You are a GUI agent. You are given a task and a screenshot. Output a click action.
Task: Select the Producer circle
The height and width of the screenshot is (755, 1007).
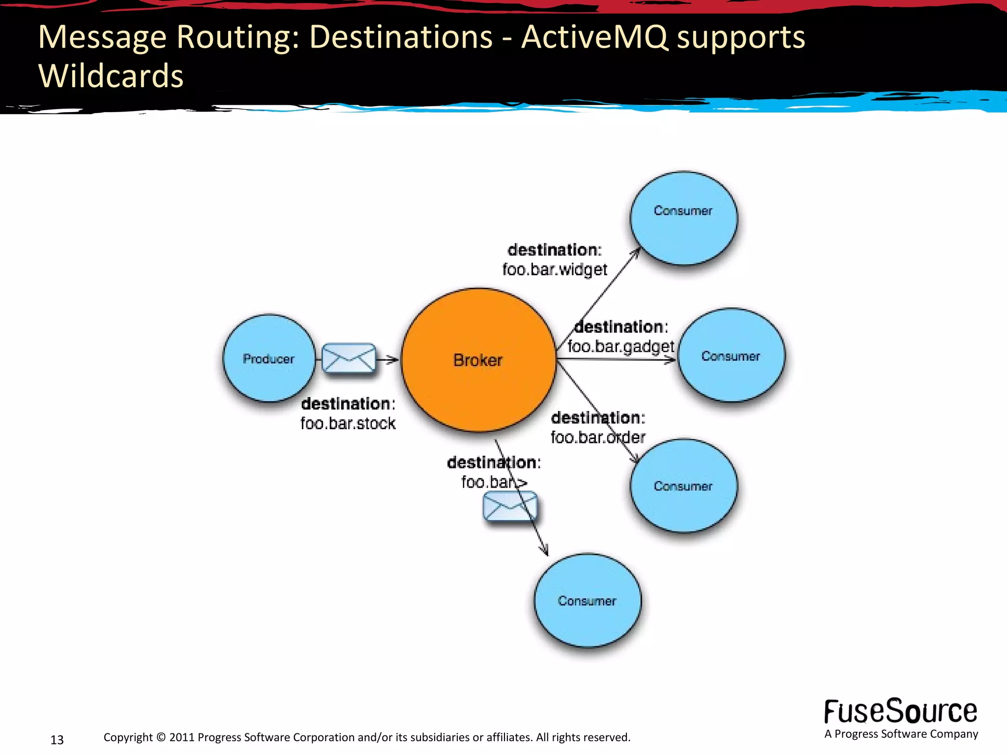click(268, 358)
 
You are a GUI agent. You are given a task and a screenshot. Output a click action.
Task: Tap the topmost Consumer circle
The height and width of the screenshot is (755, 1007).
click(683, 218)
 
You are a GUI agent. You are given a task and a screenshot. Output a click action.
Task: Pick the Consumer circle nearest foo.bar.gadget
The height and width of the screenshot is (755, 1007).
click(731, 355)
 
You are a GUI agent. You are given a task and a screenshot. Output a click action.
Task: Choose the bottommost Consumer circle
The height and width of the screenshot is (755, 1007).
click(587, 601)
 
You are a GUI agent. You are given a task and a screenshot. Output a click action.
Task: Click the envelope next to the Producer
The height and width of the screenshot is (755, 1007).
click(349, 358)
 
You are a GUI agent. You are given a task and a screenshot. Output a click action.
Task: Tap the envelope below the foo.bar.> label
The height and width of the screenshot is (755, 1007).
click(510, 506)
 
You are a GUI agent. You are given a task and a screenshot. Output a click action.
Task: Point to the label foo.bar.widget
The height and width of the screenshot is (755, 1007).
click(555, 269)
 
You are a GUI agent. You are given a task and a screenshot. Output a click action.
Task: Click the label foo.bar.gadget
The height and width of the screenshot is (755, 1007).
click(621, 347)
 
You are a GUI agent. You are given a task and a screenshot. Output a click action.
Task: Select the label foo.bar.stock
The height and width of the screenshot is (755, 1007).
click(348, 423)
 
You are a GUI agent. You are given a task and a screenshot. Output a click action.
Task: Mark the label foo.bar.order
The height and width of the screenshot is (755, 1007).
click(597, 437)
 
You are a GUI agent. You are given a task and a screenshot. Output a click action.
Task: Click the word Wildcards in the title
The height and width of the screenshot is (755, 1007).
click(111, 76)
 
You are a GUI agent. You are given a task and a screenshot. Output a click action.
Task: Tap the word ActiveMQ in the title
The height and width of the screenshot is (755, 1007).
click(594, 37)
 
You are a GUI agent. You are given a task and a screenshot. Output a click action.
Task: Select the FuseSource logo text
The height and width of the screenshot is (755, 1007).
click(900, 712)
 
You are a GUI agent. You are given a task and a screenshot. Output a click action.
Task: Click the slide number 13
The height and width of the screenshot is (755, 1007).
click(57, 740)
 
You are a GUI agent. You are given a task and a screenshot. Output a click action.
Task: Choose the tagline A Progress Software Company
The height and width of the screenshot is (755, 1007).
click(901, 734)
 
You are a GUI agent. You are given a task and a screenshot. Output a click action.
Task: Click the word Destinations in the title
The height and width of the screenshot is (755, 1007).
click(401, 37)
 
